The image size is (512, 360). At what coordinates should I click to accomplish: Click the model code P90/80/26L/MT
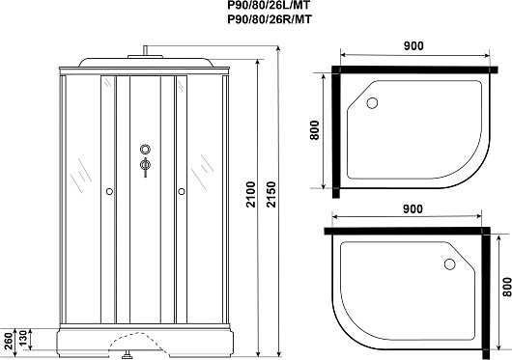pyautogui.click(x=269, y=5)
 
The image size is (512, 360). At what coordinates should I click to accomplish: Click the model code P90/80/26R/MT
pyautogui.click(x=270, y=19)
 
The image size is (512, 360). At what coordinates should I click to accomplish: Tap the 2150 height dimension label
pyautogui.click(x=271, y=194)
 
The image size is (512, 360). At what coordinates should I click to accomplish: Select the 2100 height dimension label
pyautogui.click(x=251, y=194)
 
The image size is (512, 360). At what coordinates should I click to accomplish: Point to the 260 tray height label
pyautogui.click(x=9, y=340)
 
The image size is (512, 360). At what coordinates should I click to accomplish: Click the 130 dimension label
pyautogui.click(x=22, y=339)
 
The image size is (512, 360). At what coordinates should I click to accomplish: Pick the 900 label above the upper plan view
pyautogui.click(x=413, y=46)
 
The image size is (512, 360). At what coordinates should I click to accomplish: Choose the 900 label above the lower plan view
pyautogui.click(x=412, y=209)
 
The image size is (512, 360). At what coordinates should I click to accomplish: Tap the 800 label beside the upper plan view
pyautogui.click(x=314, y=130)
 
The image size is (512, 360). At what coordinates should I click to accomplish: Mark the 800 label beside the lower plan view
pyautogui.click(x=507, y=287)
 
